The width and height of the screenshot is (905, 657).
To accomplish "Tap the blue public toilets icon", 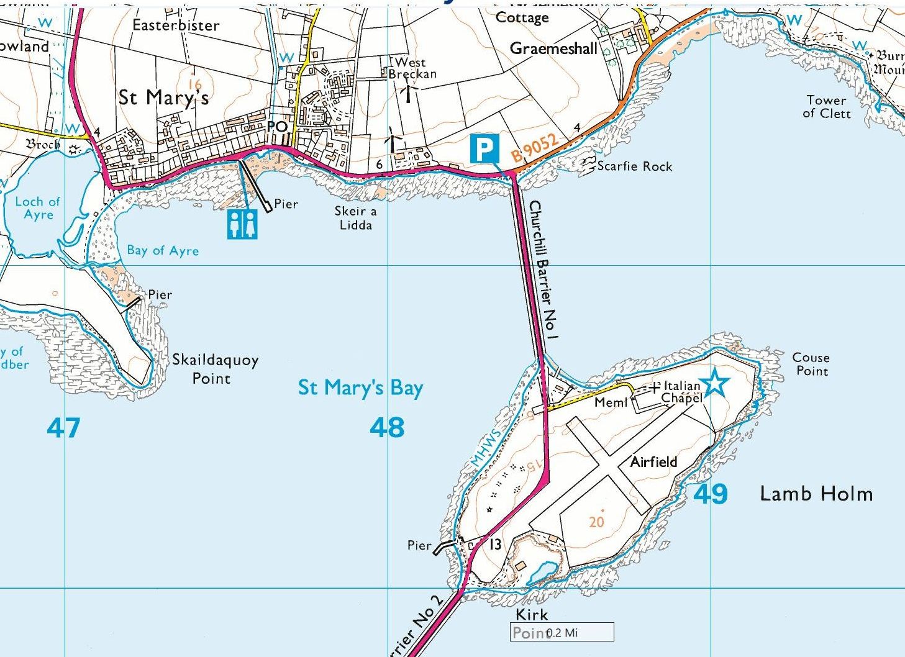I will click(x=242, y=224).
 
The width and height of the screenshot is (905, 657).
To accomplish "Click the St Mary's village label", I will click(x=163, y=97).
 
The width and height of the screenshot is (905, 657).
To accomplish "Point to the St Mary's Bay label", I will click(x=360, y=388).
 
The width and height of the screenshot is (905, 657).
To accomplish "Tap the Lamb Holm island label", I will click(x=816, y=494).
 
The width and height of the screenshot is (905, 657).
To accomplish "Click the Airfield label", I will click(x=653, y=462).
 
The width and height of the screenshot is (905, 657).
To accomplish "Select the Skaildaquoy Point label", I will click(x=215, y=369).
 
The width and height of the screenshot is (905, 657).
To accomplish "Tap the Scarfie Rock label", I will click(x=634, y=166).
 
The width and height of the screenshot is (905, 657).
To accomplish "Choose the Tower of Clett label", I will click(x=826, y=106).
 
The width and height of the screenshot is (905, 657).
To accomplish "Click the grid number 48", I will click(x=387, y=427).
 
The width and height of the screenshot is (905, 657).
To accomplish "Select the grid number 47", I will click(x=63, y=427).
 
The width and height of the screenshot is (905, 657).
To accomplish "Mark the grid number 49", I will click(x=710, y=494).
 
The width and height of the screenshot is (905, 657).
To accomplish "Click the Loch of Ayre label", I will click(x=38, y=208).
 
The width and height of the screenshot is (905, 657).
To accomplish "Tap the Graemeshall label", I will click(x=553, y=48).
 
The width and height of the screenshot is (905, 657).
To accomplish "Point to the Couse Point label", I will click(x=811, y=364).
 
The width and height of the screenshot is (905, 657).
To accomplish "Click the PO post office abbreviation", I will click(x=277, y=127).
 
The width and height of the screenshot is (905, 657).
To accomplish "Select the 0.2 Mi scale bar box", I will click(x=562, y=632).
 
